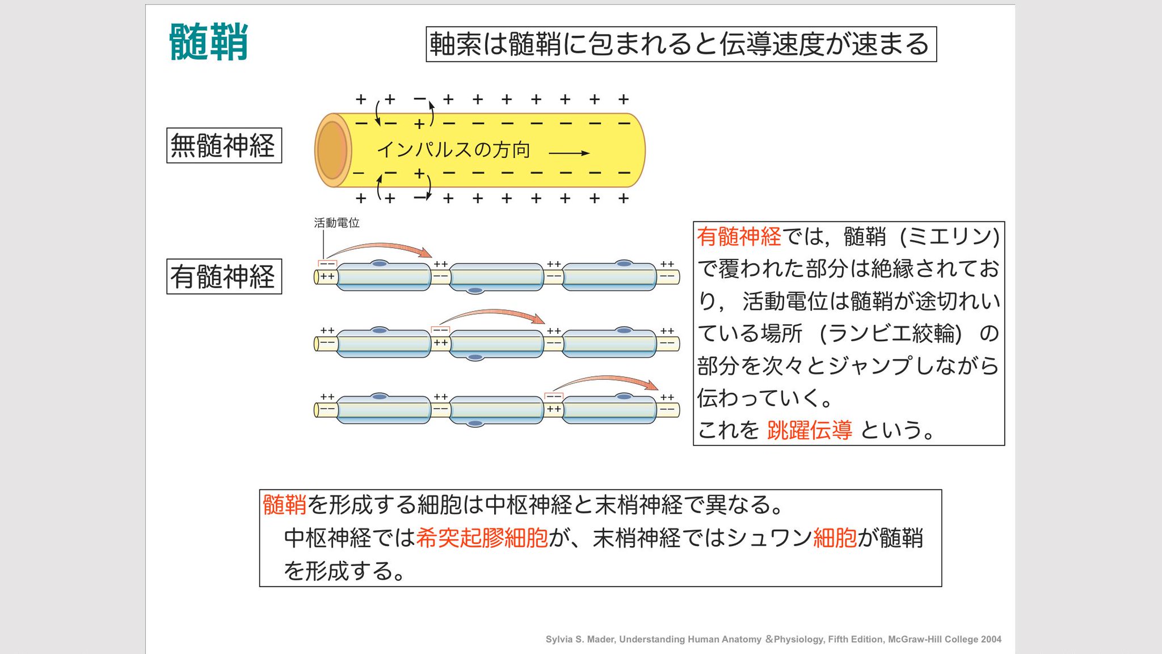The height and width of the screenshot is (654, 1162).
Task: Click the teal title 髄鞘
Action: (x=208, y=42)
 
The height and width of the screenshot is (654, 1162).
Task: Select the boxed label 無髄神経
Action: (x=224, y=146)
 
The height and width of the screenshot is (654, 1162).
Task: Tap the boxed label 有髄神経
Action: (x=224, y=276)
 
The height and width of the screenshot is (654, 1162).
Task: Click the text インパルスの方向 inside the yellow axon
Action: (x=453, y=150)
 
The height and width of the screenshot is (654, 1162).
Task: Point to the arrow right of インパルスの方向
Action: (x=569, y=153)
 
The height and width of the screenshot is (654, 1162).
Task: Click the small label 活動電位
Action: (x=336, y=223)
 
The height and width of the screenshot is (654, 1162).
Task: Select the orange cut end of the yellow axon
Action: (x=332, y=150)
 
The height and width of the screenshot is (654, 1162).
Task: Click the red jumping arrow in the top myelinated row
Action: (x=380, y=249)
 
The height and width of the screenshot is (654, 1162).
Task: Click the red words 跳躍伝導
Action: (x=809, y=430)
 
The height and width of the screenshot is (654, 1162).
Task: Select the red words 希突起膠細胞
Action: (x=482, y=538)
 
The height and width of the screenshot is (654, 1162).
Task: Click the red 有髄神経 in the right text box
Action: (x=739, y=237)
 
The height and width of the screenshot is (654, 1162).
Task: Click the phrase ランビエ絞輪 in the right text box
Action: (x=890, y=334)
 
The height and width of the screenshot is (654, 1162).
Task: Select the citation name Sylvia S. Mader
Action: (x=579, y=639)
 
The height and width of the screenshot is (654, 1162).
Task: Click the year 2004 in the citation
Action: (x=991, y=639)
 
